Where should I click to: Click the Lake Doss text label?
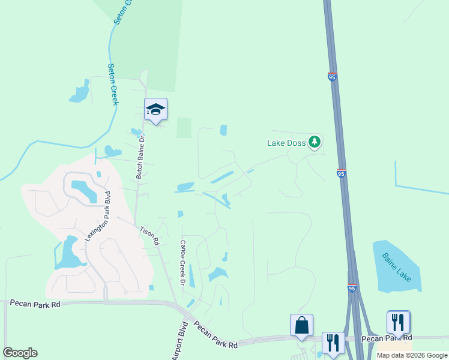tap(286, 143)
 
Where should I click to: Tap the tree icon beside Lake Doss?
tap(314, 142)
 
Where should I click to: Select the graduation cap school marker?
tap(155, 109)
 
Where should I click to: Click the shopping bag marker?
tap(301, 326)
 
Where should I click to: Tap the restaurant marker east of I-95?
tap(399, 322)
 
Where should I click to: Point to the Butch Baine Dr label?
tap(140, 157)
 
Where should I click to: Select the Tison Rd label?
tap(149, 235)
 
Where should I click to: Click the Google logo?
tap(20, 353)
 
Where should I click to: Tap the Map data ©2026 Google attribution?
tap(412, 355)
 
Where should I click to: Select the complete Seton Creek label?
tap(112, 85)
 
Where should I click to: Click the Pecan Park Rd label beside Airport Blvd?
tap(215, 338)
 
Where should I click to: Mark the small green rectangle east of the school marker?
tap(184, 127)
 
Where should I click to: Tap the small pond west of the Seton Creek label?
tap(79, 93)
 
